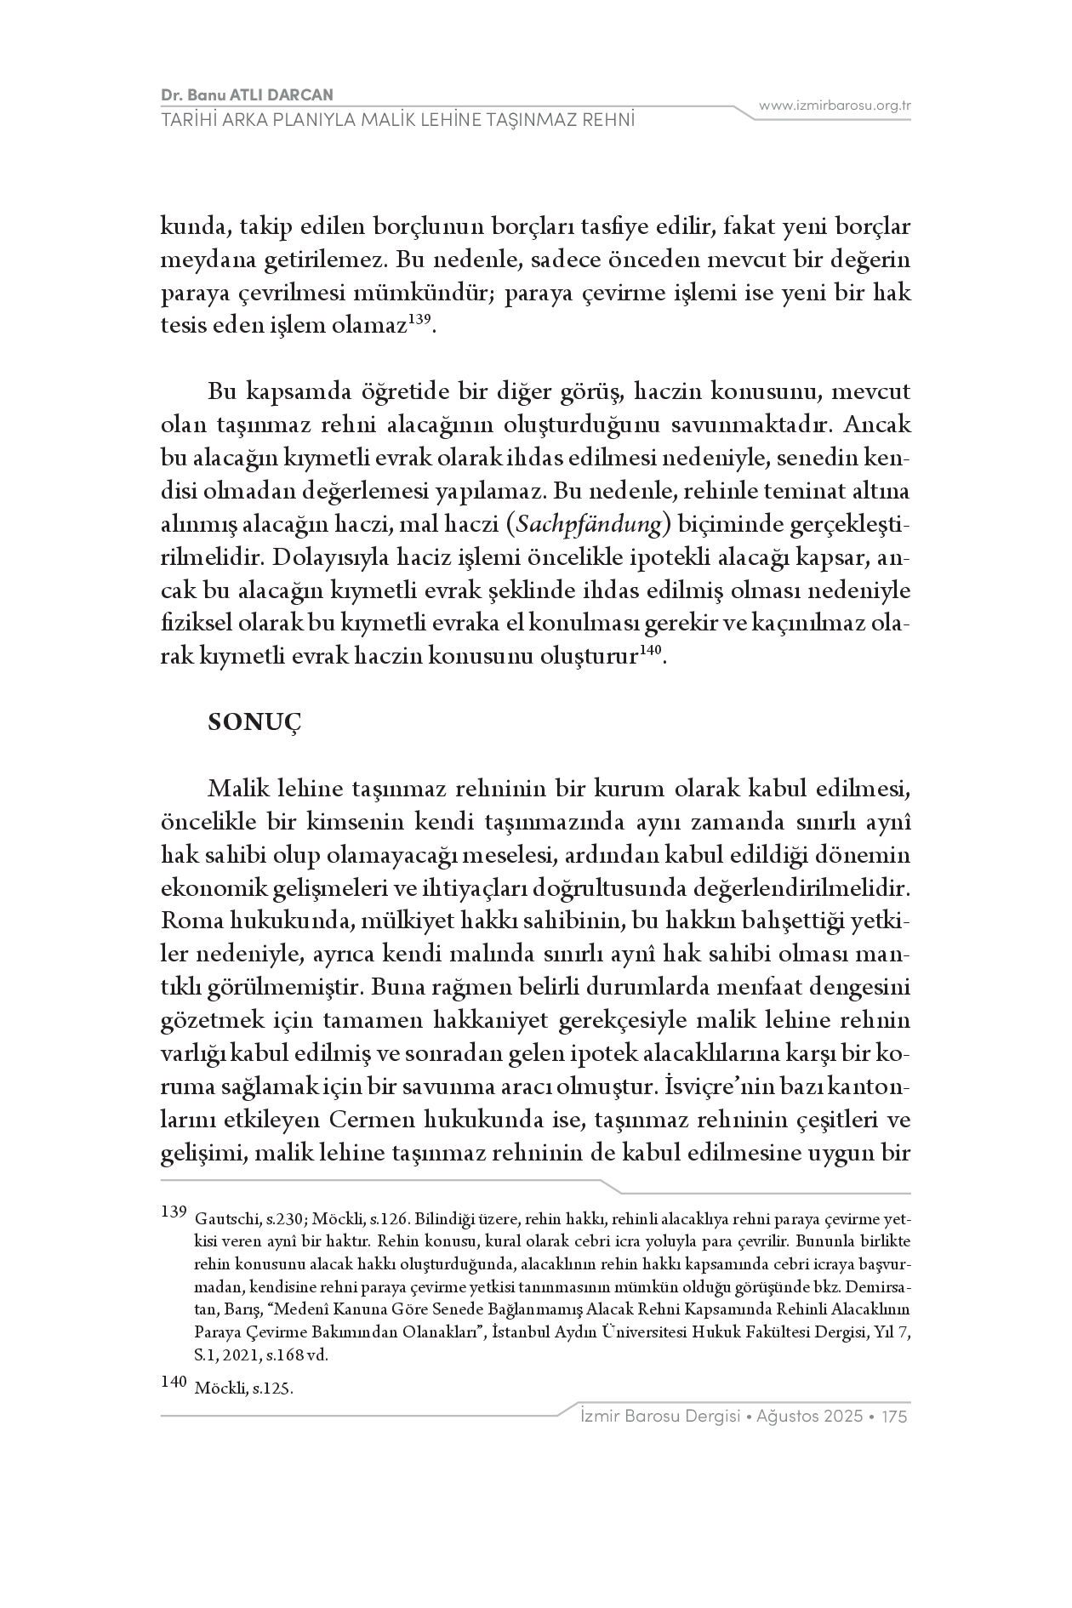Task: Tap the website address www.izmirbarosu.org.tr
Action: pyautogui.click(x=835, y=105)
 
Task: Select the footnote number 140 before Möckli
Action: pyautogui.click(x=173, y=1382)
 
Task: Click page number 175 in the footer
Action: pyautogui.click(x=895, y=1417)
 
